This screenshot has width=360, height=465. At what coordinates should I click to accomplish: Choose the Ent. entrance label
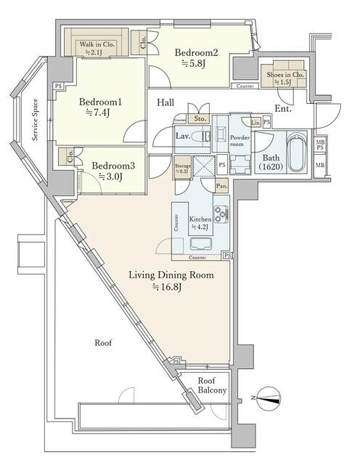(x=284, y=110)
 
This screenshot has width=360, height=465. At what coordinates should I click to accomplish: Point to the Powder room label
(x=240, y=140)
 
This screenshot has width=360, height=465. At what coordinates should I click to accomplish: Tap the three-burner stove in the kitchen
(x=221, y=214)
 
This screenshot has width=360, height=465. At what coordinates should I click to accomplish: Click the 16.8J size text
(x=168, y=287)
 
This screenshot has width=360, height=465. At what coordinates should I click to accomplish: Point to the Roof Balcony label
(x=213, y=386)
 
